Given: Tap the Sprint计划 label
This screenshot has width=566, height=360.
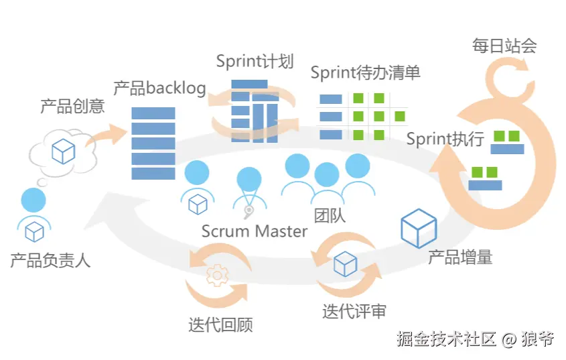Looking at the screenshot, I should [x=255, y=62].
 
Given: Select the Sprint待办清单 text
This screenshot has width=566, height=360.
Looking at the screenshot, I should [x=365, y=72].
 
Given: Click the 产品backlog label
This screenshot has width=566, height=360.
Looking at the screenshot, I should [x=159, y=88].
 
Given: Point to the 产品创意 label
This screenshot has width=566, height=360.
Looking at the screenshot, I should [x=72, y=106].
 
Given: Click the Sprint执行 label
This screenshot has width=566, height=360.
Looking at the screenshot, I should [x=445, y=139].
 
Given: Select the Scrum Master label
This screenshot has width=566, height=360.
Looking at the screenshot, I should [x=255, y=231].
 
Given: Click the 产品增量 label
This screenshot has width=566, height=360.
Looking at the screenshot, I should [x=460, y=256].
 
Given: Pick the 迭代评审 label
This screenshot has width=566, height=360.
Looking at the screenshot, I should [x=354, y=311].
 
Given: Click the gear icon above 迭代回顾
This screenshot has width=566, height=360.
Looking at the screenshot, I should [x=216, y=276].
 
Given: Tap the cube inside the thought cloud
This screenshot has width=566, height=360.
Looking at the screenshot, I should [x=64, y=152].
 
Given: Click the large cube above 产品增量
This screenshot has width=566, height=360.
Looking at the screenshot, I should [x=419, y=228].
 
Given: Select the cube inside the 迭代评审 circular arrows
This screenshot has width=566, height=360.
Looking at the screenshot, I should [x=344, y=264].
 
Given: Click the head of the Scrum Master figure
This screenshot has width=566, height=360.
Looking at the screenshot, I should [x=249, y=179].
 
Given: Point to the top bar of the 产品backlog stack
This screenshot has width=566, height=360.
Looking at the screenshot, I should [x=153, y=113].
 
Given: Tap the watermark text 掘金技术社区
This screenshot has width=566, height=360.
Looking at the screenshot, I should [x=447, y=339].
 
